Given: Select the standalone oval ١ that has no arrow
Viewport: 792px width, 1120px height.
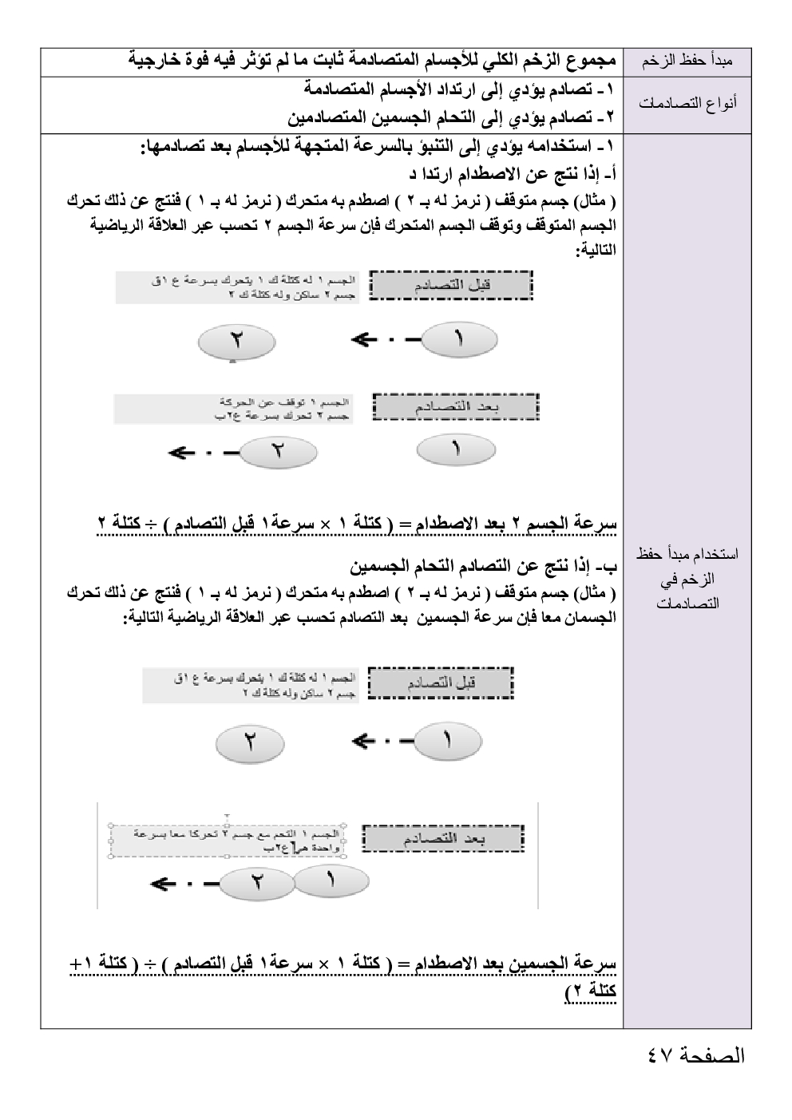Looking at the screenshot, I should pos(456,449).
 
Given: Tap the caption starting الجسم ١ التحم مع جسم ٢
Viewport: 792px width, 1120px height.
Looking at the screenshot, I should pos(227,841).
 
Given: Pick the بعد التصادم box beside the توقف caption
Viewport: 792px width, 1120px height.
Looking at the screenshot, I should pos(457,407).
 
